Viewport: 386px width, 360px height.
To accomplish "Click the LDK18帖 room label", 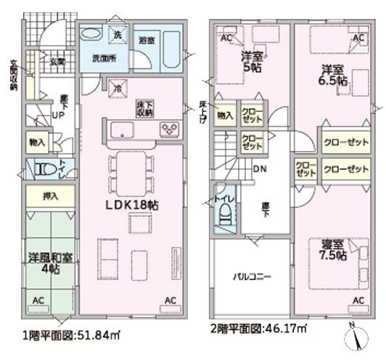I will pos(132,205).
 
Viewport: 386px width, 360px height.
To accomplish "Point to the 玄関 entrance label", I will pos(57,62).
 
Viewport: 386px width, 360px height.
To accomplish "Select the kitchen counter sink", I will pos(120,131).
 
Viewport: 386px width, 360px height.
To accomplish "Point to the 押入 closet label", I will pos(49,196).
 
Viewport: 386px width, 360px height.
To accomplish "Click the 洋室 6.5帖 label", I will pos(334,75).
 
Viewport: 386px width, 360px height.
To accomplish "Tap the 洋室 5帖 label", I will pos(252,60).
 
